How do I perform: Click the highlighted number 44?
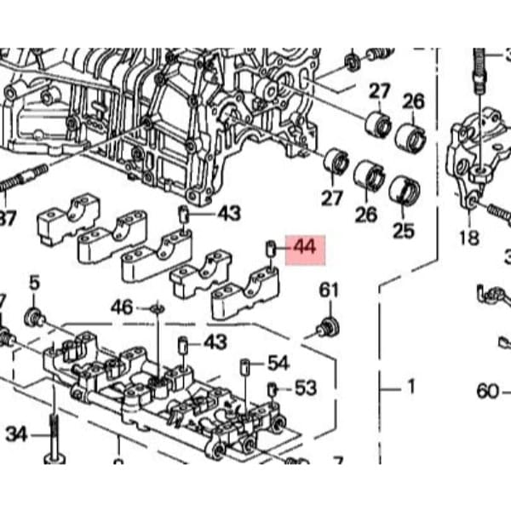click(304, 248)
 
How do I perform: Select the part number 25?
click(403, 229)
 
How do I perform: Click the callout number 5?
click(34, 282)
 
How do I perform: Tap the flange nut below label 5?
click(36, 317)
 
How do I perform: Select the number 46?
click(123, 306)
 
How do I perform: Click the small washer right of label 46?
click(156, 307)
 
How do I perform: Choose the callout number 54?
click(278, 363)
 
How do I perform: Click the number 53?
click(305, 388)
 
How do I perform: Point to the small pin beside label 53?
click(273, 390)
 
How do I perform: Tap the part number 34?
click(16, 434)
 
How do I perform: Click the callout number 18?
click(469, 236)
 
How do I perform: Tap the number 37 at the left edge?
click(7, 219)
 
